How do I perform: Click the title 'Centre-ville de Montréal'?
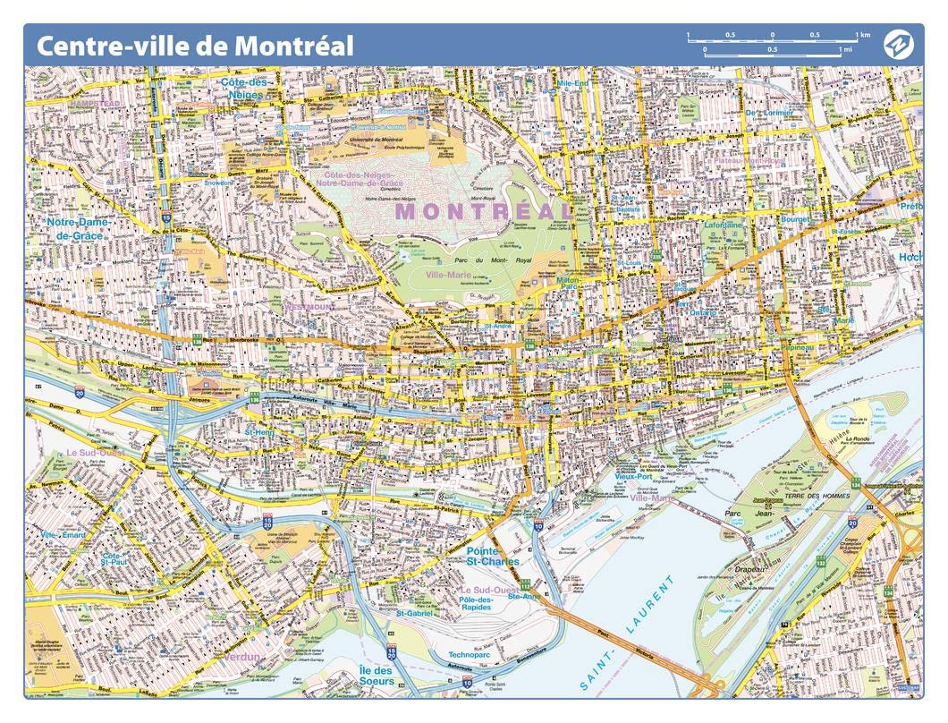tap(194, 45)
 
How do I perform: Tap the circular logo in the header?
tap(896, 44)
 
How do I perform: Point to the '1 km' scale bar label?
tap(862, 35)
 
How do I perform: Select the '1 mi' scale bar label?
tap(846, 49)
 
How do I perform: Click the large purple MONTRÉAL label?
tap(484, 211)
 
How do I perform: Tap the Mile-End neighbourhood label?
tap(572, 83)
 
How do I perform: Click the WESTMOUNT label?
tap(309, 307)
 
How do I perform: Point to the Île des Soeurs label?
tap(376, 676)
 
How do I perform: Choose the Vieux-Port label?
tap(633, 477)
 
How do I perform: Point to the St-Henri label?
tap(260, 432)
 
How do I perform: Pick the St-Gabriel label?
tap(414, 613)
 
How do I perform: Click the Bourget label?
tap(794, 219)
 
